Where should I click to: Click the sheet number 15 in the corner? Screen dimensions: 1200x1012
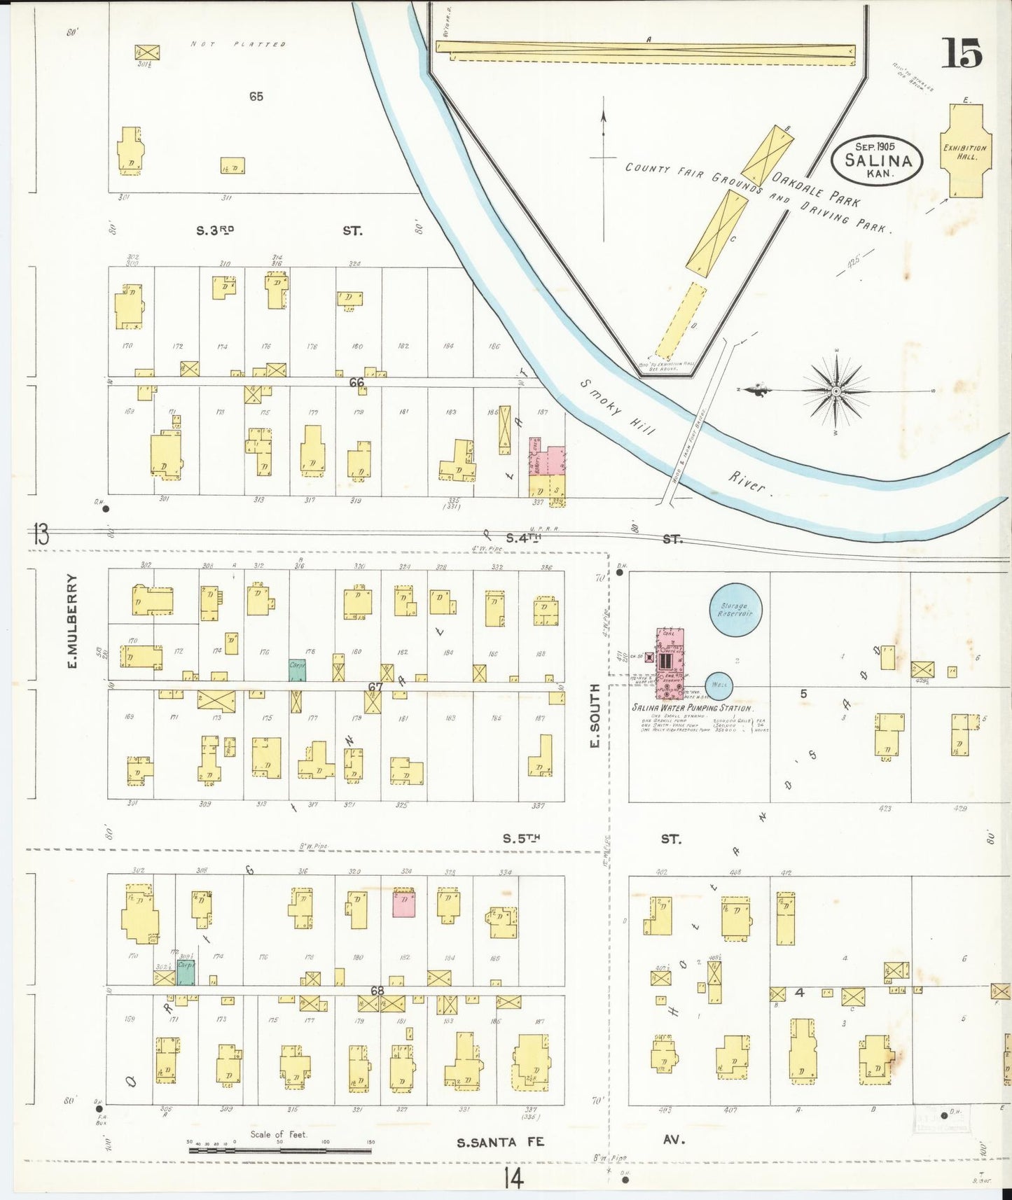pyautogui.click(x=962, y=53)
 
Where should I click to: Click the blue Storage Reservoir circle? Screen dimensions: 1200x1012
pyautogui.click(x=735, y=609)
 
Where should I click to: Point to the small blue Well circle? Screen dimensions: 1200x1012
pyautogui.click(x=719, y=685)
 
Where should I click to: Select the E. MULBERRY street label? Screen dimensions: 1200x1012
pyautogui.click(x=72, y=620)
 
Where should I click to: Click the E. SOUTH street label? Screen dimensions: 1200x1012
pyautogui.click(x=595, y=716)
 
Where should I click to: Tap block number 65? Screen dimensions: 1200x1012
pyautogui.click(x=256, y=97)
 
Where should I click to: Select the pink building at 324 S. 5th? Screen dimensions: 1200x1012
pyautogui.click(x=404, y=903)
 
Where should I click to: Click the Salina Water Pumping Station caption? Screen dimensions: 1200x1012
pyautogui.click(x=692, y=708)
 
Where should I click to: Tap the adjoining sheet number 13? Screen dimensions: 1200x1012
pyautogui.click(x=41, y=536)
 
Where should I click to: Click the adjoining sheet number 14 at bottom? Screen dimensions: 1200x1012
pyautogui.click(x=512, y=1179)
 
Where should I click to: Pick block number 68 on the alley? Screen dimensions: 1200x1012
pyautogui.click(x=377, y=991)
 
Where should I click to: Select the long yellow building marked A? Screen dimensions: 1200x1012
pyautogui.click(x=644, y=50)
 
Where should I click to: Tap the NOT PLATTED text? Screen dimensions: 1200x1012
pyautogui.click(x=238, y=44)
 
